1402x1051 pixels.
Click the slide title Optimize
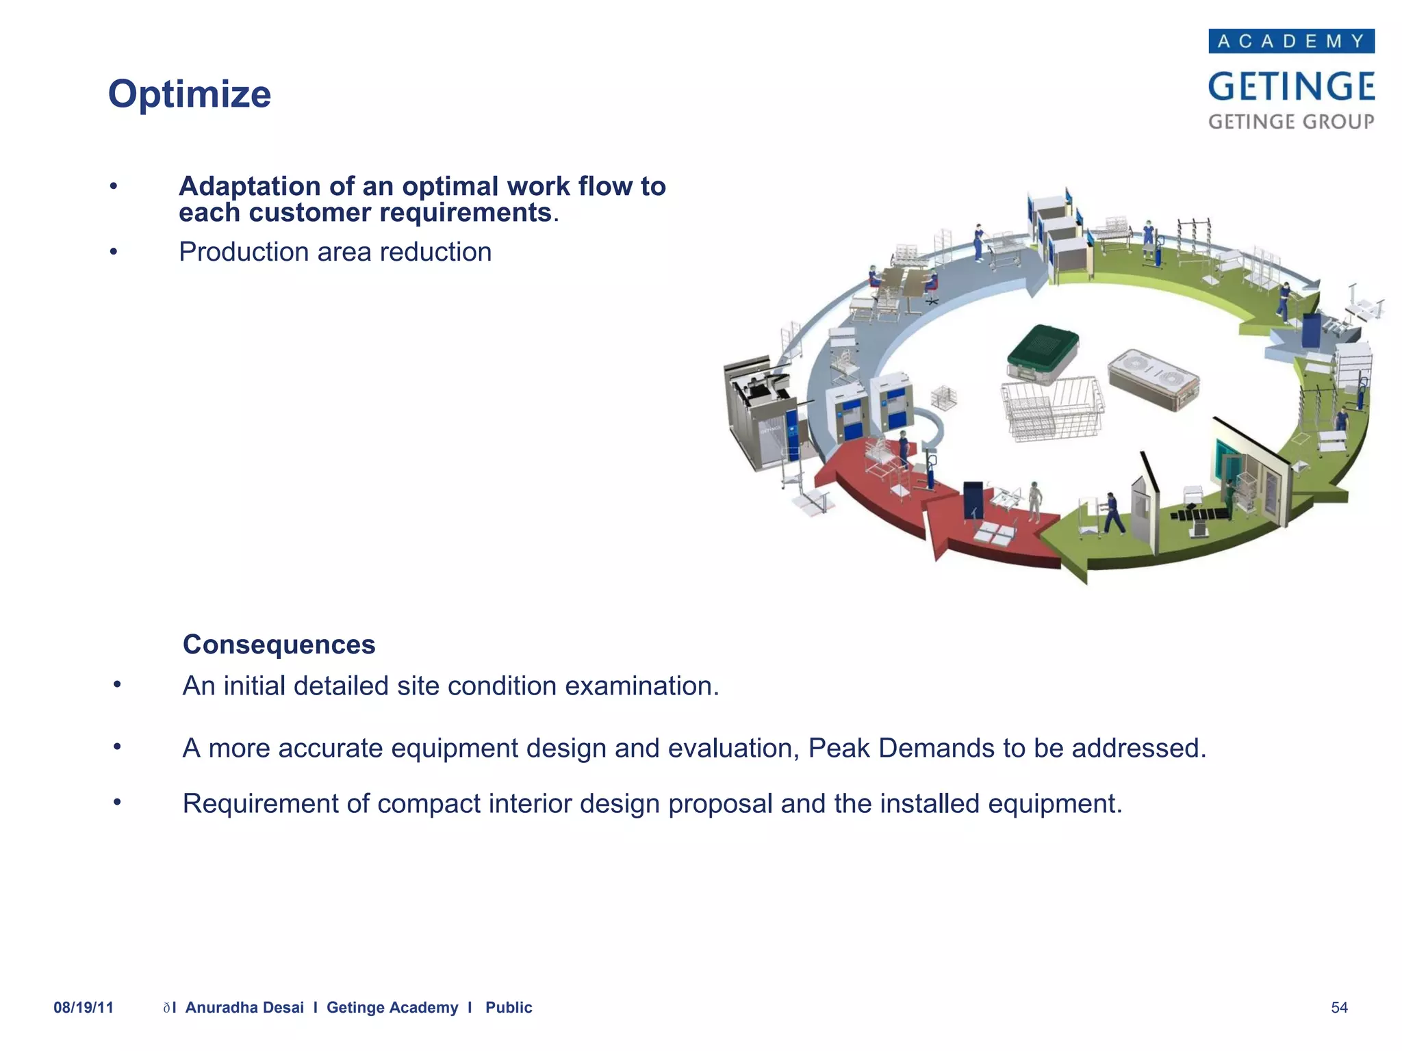click(x=190, y=94)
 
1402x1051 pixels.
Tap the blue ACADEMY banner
click(x=1291, y=41)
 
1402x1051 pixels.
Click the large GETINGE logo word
click(x=1291, y=87)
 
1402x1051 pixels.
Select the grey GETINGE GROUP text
click(x=1291, y=122)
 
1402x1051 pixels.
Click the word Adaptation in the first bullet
click(x=249, y=186)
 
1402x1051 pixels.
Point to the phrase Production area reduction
click(x=335, y=252)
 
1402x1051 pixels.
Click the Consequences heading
click(x=279, y=645)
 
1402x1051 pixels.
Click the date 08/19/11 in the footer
click(x=84, y=1007)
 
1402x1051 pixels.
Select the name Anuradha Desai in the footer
click(x=244, y=1007)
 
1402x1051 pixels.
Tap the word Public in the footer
click(x=509, y=1007)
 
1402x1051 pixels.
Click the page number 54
click(x=1339, y=1007)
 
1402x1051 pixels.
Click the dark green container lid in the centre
click(x=1042, y=347)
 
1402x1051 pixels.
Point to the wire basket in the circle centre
click(x=1052, y=409)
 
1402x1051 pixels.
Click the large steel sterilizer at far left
click(x=760, y=414)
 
